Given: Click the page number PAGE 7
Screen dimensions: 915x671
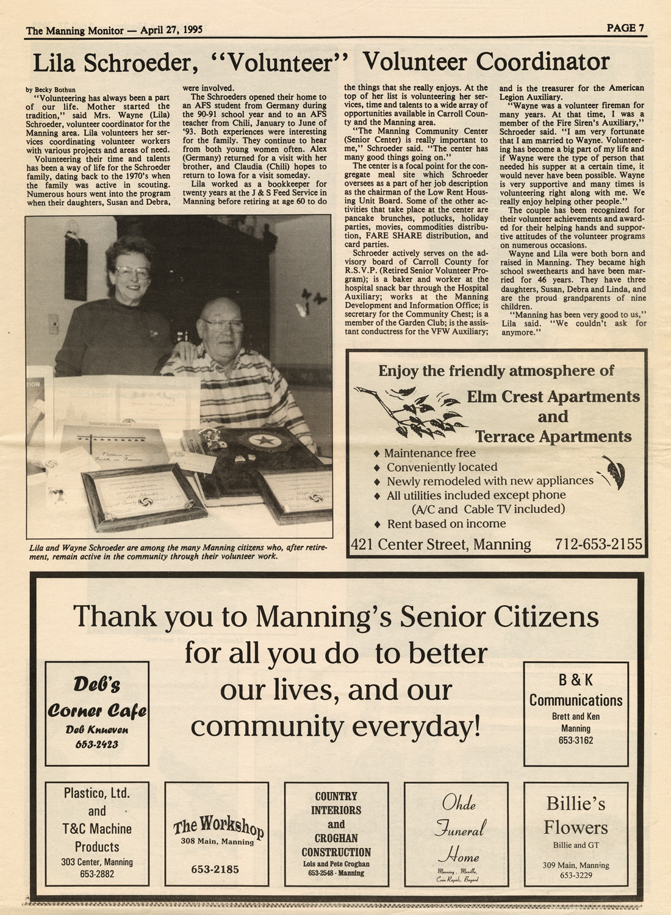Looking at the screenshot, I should (625, 28).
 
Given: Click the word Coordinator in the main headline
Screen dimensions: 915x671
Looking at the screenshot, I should (543, 62).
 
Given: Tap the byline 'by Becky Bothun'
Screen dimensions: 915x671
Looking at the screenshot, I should (51, 90).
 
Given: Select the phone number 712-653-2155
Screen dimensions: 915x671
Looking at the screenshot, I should (598, 544).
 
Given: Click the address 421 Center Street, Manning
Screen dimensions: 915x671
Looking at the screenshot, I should (441, 544).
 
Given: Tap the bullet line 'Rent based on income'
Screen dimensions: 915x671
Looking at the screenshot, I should (446, 524).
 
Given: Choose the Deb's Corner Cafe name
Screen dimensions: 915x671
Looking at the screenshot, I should (97, 698).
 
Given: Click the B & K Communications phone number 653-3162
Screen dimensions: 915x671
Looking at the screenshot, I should (575, 741).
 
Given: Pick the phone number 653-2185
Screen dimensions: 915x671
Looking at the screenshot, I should (215, 869).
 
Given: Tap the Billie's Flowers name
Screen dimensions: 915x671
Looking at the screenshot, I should (575, 816).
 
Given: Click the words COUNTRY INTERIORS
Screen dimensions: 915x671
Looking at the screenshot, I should (336, 803).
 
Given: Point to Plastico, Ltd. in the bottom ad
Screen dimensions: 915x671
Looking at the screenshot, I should (97, 794).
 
